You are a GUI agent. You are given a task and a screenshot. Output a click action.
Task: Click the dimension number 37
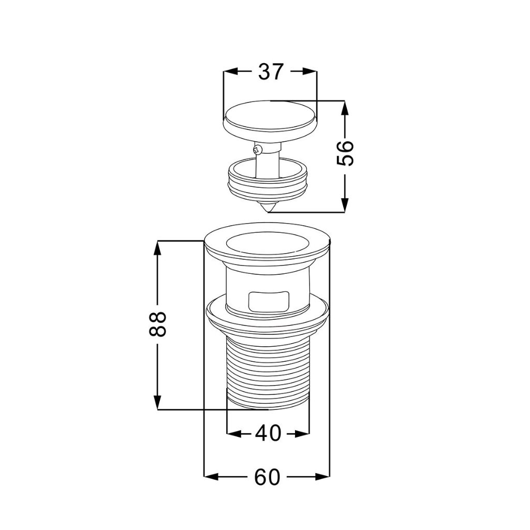(270, 71)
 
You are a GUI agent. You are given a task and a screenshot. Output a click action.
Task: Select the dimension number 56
(345, 153)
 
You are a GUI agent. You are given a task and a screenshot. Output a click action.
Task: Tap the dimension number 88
(157, 324)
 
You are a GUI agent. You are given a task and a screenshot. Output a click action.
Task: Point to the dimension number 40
(269, 433)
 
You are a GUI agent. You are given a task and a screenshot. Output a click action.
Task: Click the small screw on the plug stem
(257, 148)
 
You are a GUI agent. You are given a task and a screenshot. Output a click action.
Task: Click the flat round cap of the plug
(270, 119)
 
